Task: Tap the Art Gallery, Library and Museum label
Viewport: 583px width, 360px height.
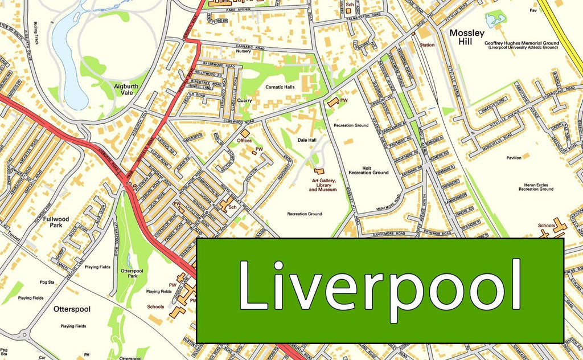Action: (x=323, y=185)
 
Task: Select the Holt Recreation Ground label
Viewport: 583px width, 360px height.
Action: (x=368, y=170)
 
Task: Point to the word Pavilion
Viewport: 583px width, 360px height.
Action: (x=512, y=157)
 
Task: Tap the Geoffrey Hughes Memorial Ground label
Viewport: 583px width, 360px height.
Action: (x=521, y=45)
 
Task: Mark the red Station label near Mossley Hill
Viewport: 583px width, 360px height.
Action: (x=426, y=44)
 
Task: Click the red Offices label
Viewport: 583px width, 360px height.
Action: (x=245, y=140)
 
